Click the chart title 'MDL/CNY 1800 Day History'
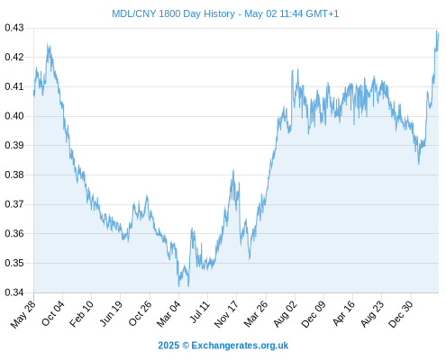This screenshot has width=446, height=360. tap(173, 13)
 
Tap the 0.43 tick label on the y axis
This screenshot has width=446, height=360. tap(14, 28)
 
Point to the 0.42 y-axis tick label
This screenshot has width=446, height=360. tap(14, 57)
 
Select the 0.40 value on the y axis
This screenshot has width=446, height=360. tap(14, 116)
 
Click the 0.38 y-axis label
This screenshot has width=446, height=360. tap(14, 175)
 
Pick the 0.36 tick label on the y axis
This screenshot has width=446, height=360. tap(14, 233)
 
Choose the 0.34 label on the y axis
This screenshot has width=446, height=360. tap(14, 292)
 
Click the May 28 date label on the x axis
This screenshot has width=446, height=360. tap(23, 314)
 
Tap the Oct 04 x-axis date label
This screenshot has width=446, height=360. tap(52, 314)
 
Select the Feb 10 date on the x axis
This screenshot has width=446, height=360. tap(81, 314)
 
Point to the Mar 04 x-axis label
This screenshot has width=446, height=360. tap(168, 314)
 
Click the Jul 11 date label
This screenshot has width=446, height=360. tap(200, 312)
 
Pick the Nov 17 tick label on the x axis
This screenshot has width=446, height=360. tap(226, 314)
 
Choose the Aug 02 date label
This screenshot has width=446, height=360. tap(285, 314)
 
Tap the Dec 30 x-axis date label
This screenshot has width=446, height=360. tap(401, 314)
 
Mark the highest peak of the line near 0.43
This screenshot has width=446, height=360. tap(436, 31)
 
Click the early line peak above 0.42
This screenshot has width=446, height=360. tap(48, 44)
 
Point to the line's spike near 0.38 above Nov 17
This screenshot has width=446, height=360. tap(233, 170)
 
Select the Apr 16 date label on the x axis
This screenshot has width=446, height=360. tap(344, 314)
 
